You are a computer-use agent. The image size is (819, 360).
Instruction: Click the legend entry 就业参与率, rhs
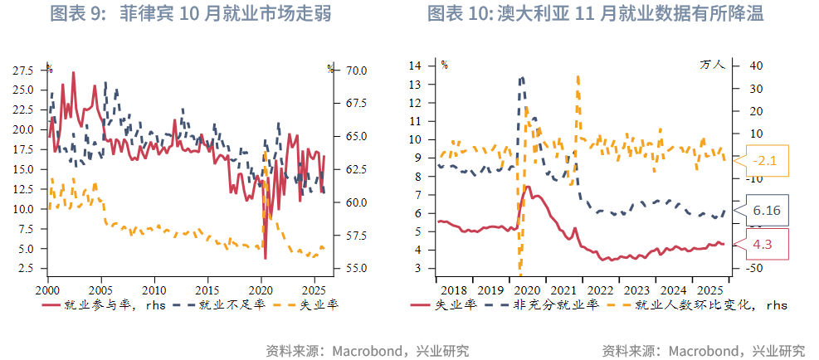coord(104,305)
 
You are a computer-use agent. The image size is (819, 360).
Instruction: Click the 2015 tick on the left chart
coord(207,290)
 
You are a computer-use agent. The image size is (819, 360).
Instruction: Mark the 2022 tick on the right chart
coord(599,290)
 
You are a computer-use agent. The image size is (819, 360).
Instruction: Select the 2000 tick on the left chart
coord(47,290)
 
